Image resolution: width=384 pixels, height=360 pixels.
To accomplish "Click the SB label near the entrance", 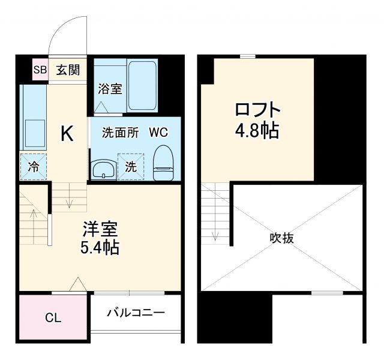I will [x=40, y=70].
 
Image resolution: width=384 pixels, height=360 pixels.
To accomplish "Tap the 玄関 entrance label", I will [x=68, y=70].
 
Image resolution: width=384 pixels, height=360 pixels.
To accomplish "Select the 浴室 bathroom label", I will [x=110, y=89].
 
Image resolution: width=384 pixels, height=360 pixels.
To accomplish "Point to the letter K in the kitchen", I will [x=67, y=134].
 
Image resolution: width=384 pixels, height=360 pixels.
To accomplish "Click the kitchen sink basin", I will [x=34, y=133].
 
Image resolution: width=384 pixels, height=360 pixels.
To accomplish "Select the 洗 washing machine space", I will [x=130, y=167].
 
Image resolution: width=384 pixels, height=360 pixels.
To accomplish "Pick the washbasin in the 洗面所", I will [x=104, y=169].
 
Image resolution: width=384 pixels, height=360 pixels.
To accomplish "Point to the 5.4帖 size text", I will [x=100, y=247].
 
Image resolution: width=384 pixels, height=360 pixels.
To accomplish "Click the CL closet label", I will [x=53, y=318].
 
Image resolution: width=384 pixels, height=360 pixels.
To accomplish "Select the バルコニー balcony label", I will [x=136, y=313].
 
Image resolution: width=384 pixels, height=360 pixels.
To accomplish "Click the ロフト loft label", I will [x=257, y=110].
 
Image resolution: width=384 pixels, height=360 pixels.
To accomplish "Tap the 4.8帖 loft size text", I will [x=257, y=131].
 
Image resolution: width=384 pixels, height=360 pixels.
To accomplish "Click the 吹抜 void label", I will [x=281, y=238].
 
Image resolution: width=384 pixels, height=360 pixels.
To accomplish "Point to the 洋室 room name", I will [x=100, y=229].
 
